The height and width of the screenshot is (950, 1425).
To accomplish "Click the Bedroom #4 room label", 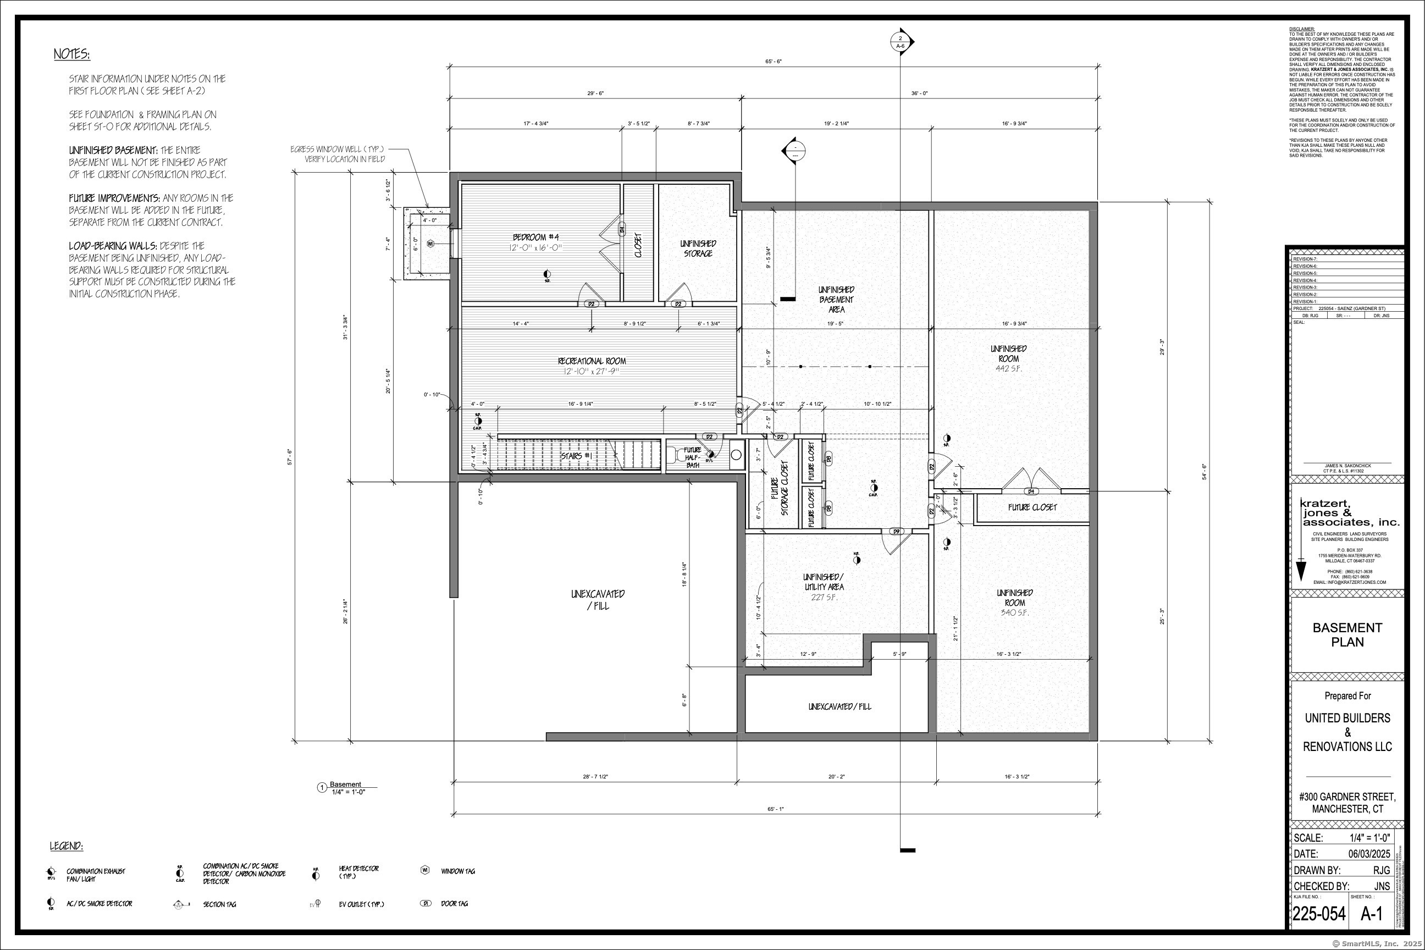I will point(537,237).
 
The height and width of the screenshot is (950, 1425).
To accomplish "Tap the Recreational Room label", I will point(592,361).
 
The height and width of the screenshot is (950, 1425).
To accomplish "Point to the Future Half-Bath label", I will point(693,457).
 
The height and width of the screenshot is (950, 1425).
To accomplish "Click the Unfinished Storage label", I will point(698,248).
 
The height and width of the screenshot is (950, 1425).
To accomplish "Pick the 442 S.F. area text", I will point(1008,368).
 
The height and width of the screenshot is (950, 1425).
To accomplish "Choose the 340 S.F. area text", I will point(1014,612).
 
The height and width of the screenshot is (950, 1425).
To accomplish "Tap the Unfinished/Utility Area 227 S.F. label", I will point(824,587).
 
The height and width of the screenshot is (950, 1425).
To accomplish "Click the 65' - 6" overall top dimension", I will point(774,61).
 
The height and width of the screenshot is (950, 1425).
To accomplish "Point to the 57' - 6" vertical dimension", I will point(290,456).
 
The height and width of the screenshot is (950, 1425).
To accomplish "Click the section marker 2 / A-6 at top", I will point(901,42).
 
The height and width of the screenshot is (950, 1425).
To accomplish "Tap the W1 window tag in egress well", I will point(430,244).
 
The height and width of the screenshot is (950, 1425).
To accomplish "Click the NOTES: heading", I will point(71,54).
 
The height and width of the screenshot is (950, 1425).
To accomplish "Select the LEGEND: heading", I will point(66,846).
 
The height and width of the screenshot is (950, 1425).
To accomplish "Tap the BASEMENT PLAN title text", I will point(1347,634).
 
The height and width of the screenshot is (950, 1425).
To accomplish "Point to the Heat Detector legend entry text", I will point(358,872).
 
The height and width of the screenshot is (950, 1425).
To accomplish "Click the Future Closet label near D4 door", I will point(1032,507).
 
